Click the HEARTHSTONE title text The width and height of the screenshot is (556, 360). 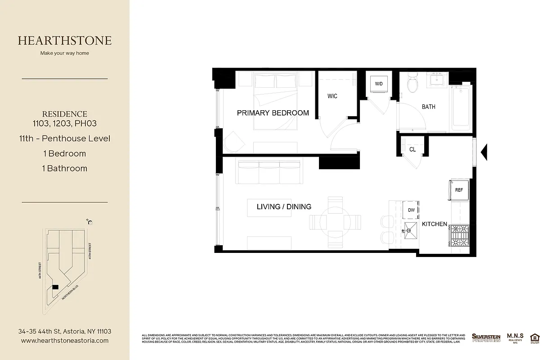(x=65, y=40)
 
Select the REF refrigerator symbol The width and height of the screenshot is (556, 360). (x=459, y=190)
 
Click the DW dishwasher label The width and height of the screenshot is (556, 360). (x=411, y=210)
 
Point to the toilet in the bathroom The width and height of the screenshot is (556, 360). (x=412, y=84)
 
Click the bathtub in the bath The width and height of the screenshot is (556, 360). (x=461, y=108)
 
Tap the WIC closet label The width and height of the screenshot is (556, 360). (x=332, y=96)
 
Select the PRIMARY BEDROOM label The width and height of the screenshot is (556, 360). (x=273, y=113)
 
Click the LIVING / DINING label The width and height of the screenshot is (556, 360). (x=284, y=207)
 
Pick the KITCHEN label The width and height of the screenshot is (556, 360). (x=434, y=224)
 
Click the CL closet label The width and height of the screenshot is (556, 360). (x=413, y=149)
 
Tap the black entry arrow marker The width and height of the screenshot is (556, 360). (x=484, y=152)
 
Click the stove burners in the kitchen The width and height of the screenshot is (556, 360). (x=459, y=235)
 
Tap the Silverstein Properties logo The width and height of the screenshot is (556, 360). (x=486, y=337)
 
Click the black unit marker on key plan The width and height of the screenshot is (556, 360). (x=55, y=287)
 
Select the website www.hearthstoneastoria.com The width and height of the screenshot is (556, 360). (x=65, y=341)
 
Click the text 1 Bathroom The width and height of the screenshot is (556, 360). (x=65, y=168)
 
